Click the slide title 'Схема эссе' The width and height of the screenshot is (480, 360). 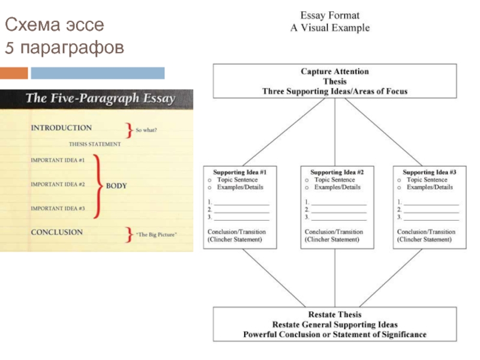click(x=55, y=25)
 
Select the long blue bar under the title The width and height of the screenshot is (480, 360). click(x=97, y=73)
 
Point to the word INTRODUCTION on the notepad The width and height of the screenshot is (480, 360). click(x=61, y=128)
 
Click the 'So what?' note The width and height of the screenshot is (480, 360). click(x=146, y=130)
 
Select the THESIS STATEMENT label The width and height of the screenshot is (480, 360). click(x=95, y=144)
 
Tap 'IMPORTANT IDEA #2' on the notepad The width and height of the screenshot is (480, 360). click(x=58, y=184)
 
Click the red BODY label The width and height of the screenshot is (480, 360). click(x=116, y=186)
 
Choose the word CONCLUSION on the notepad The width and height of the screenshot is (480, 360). click(x=57, y=232)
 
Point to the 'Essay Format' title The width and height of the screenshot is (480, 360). click(x=330, y=16)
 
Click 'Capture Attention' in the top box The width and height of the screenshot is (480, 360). click(x=334, y=71)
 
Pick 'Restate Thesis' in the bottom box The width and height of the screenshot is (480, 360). click(x=334, y=314)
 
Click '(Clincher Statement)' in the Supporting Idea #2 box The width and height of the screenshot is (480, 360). click(x=332, y=239)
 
